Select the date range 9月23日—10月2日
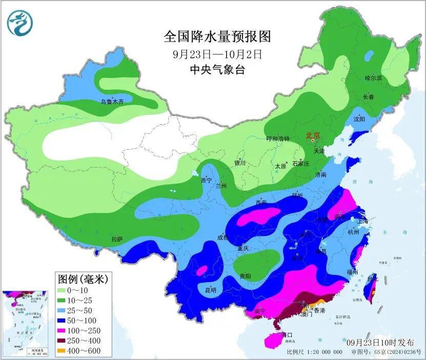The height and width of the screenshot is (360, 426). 217,53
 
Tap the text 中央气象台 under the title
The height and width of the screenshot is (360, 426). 217,70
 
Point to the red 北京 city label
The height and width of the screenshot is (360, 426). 312,135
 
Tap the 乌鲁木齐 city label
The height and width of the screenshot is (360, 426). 112,102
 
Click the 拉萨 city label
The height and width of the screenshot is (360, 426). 117,239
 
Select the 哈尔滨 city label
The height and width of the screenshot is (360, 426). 373,78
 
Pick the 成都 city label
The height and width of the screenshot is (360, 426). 222,237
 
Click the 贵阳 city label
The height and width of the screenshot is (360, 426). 245,276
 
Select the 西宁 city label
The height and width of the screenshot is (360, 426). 206,181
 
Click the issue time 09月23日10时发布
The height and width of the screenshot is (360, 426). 378,342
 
